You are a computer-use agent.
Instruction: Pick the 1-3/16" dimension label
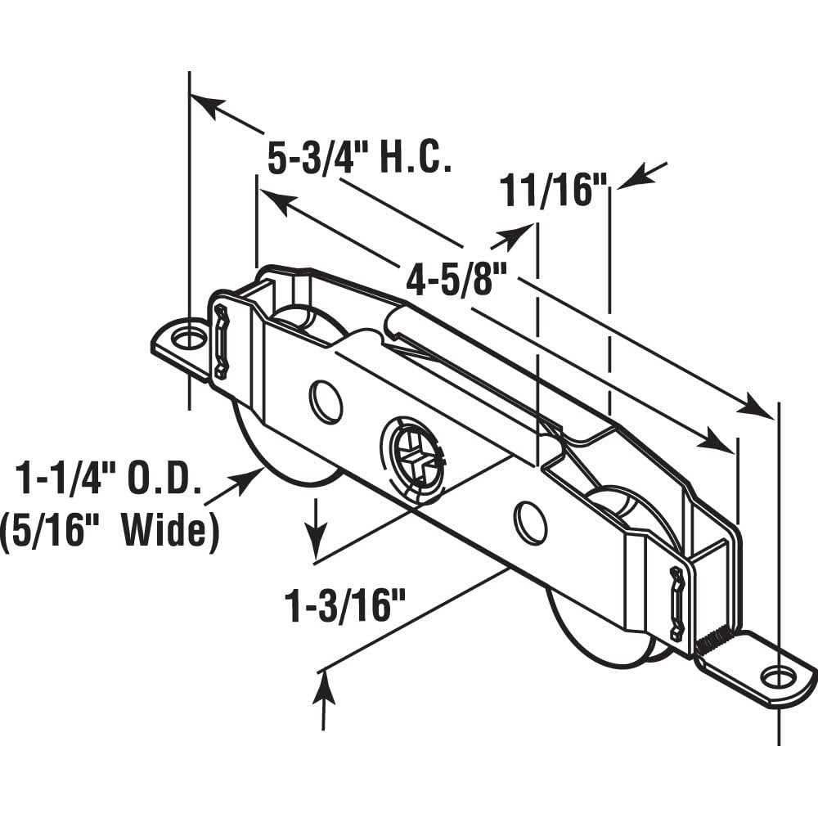click(344, 607)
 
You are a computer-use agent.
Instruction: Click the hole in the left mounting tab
click(188, 336)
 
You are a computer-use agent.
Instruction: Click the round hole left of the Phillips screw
click(326, 401)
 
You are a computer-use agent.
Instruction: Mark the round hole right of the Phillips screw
click(530, 524)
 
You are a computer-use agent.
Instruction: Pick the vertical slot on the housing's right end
click(676, 602)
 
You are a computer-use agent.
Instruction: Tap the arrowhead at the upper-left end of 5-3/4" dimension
click(204, 105)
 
